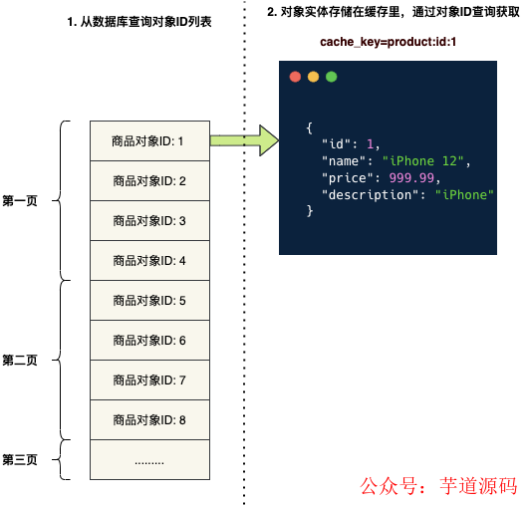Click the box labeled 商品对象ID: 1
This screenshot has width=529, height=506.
point(149,140)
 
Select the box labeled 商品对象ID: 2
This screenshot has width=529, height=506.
point(149,180)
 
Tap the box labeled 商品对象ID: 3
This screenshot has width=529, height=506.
point(149,220)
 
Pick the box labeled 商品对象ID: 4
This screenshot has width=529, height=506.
point(149,260)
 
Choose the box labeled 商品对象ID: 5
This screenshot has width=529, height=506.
point(149,300)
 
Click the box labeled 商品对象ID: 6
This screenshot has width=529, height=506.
point(149,340)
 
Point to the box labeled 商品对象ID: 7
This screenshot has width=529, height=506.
point(149,379)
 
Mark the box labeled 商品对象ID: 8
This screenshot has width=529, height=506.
point(149,419)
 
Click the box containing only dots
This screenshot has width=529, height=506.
point(149,460)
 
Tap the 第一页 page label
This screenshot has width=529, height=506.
point(20,200)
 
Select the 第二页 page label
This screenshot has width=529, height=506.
point(20,360)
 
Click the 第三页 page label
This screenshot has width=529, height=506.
point(20,459)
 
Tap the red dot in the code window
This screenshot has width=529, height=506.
point(295,77)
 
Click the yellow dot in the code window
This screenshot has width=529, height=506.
point(313,77)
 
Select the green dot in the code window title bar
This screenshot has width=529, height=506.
point(331,77)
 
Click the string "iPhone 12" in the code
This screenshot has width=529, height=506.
point(424,160)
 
